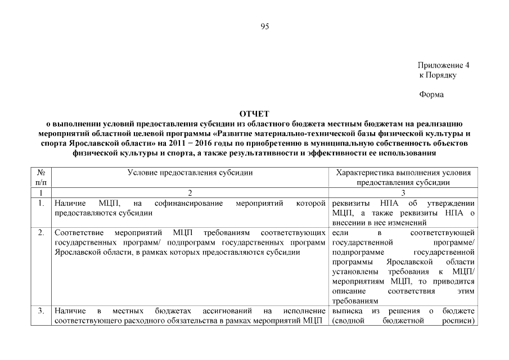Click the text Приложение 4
[443, 65]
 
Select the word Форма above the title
[431, 94]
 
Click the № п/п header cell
[40, 177]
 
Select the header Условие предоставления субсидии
[190, 173]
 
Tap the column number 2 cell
[190, 193]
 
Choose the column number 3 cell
[403, 193]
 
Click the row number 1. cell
[40, 203]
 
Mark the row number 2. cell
[40, 232]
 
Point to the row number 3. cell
[40, 311]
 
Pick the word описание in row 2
[349, 291]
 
